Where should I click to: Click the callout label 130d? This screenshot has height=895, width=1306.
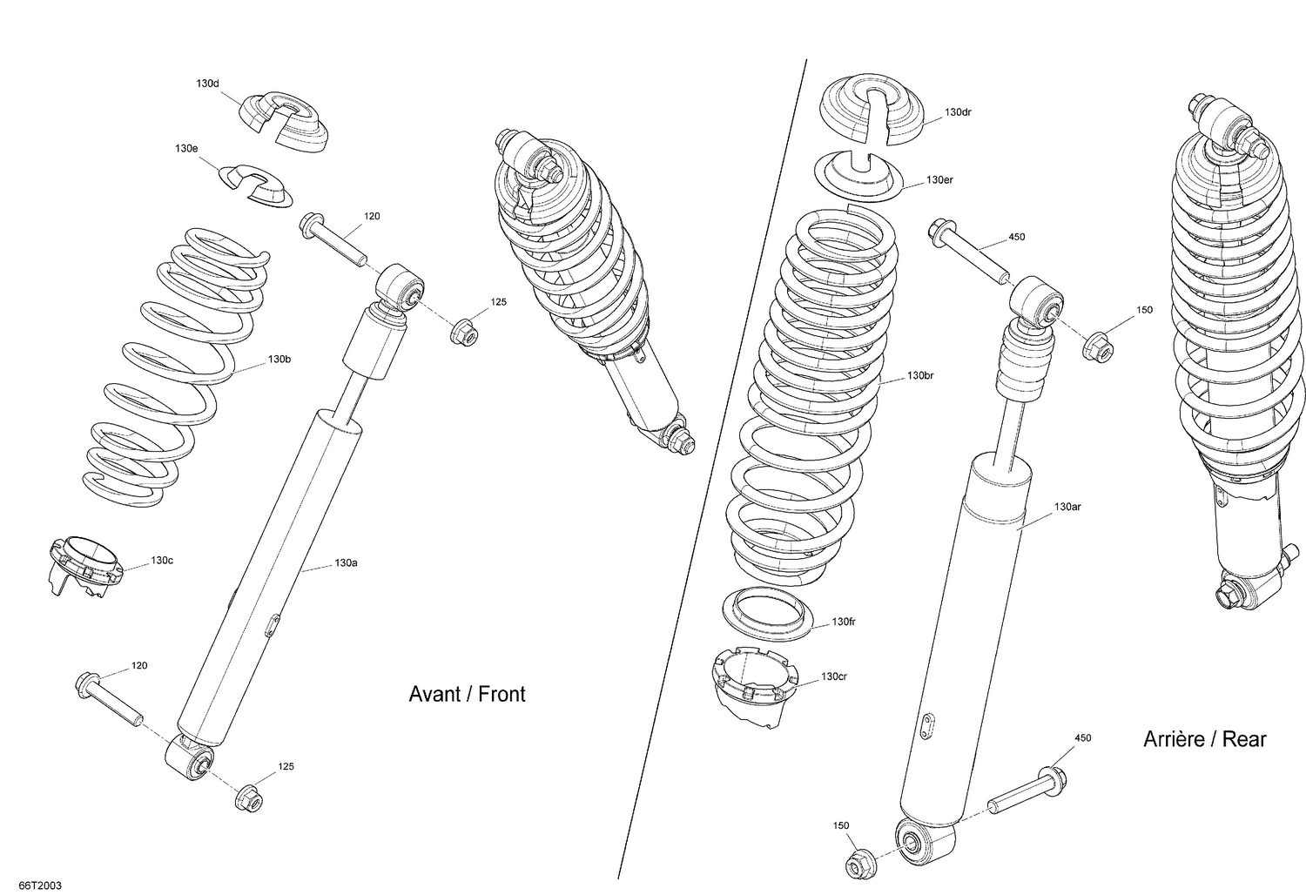207,84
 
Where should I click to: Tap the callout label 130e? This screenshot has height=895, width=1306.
185,149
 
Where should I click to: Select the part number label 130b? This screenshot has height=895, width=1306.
279,359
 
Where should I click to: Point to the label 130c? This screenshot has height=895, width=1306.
162,560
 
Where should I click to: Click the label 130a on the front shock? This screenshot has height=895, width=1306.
346,563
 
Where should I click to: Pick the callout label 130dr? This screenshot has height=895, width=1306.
958,112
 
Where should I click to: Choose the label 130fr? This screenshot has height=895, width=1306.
844,622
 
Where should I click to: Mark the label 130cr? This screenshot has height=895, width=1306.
833,676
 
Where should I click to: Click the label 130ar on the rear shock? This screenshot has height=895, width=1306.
1067,507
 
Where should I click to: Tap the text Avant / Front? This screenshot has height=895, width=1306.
468,694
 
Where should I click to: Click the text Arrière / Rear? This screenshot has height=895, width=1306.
1204,739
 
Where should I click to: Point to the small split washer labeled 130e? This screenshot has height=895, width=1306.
254,184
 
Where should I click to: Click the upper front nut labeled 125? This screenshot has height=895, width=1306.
462,332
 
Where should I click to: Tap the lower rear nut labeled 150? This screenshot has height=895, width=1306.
859,862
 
